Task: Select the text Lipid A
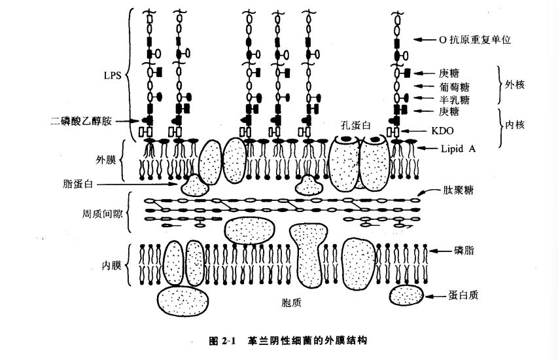[457, 149]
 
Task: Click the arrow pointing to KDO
[419, 131]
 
